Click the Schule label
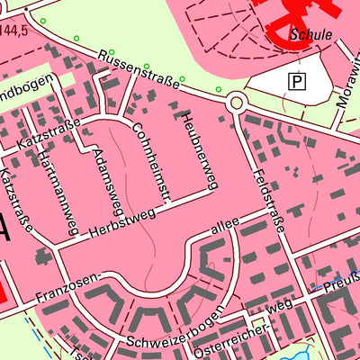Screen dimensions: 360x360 click(311, 35)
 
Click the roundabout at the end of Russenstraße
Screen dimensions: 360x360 click(237, 103)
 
